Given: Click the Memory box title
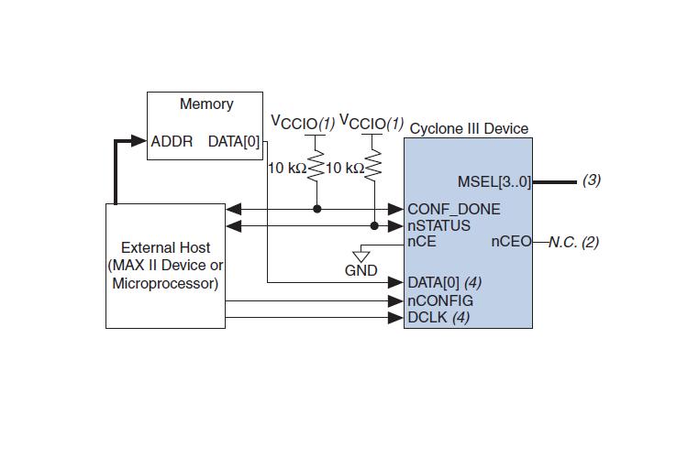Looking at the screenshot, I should pos(205,104).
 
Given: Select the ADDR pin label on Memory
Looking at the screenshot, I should pos(172,141).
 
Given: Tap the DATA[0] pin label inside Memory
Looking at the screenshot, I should pos(234,141).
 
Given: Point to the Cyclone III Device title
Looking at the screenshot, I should pos(469,128).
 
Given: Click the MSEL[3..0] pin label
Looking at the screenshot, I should pos(494,180).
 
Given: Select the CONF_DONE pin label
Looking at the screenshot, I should pos(454,209).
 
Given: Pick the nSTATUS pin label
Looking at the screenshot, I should pos(439,225).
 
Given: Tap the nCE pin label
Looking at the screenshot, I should pos(422,242).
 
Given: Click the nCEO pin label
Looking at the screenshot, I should pos(511,242).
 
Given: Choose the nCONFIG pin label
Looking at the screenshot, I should pos(440,300).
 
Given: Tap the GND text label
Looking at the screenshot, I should pos(361,271).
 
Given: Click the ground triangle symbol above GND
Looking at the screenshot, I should pos(361,254).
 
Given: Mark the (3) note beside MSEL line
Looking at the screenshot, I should pos(592,180).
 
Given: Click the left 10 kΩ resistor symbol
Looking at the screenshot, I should pos(317,167).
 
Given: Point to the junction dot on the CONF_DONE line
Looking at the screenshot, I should pos(317,209).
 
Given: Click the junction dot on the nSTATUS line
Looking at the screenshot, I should pos(374,225).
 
